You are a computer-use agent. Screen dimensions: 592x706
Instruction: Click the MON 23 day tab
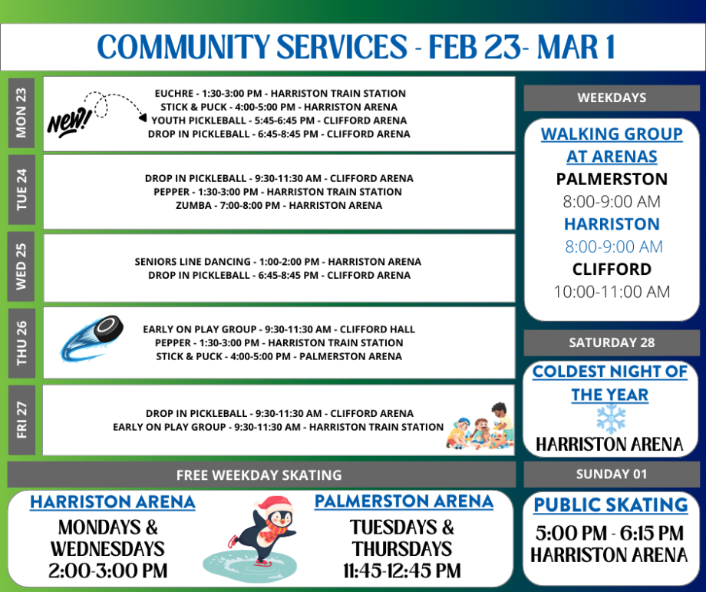[x=21, y=112]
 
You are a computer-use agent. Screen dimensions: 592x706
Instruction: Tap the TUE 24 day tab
[x=21, y=192]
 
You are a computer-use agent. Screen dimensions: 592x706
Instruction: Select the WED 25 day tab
[x=21, y=266]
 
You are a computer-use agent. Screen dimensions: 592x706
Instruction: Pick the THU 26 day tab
[x=21, y=342]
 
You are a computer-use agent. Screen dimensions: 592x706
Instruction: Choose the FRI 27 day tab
[x=21, y=419]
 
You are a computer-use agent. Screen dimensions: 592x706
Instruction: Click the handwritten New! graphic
[x=69, y=121]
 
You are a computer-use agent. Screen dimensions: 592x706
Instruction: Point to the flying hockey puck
[x=92, y=338]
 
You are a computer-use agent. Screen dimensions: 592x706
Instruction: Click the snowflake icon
[x=611, y=419]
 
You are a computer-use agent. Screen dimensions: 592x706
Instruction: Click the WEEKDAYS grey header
[x=612, y=98]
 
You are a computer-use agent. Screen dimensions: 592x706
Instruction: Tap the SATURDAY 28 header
[x=612, y=342]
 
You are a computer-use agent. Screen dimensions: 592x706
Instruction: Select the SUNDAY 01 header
[x=612, y=474]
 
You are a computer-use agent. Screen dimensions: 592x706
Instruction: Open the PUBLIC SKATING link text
[x=611, y=505]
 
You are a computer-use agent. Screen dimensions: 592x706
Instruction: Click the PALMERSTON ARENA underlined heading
[x=404, y=501]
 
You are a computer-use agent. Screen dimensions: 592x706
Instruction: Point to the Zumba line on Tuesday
[x=279, y=206]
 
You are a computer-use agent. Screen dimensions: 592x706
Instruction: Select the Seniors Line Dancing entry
[x=278, y=261]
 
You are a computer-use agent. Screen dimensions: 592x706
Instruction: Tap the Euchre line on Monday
[x=280, y=93]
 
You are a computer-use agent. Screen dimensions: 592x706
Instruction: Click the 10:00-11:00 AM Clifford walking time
[x=612, y=292]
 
